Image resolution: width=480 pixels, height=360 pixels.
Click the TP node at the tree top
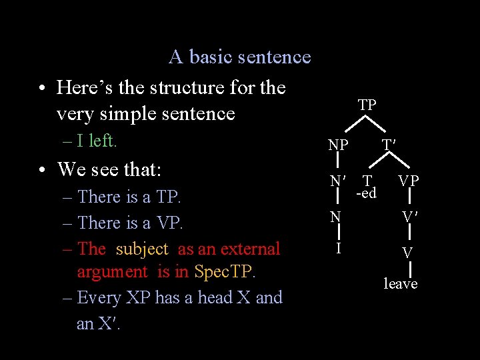(x=367, y=105)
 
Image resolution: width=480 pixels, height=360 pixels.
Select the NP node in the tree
(x=338, y=145)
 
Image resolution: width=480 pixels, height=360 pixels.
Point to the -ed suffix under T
(x=366, y=193)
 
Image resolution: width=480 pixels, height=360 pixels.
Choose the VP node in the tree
(x=409, y=181)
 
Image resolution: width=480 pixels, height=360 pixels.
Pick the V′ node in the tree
(x=409, y=217)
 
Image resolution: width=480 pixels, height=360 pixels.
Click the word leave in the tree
(x=401, y=284)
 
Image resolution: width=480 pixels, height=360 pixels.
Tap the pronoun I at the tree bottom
(x=339, y=249)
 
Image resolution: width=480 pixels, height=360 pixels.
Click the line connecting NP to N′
(x=339, y=163)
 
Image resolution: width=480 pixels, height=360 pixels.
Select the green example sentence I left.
(x=97, y=141)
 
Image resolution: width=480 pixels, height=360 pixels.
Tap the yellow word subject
(x=142, y=249)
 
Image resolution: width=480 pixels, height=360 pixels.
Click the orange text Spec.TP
(x=225, y=272)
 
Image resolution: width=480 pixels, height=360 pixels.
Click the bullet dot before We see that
(x=42, y=169)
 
